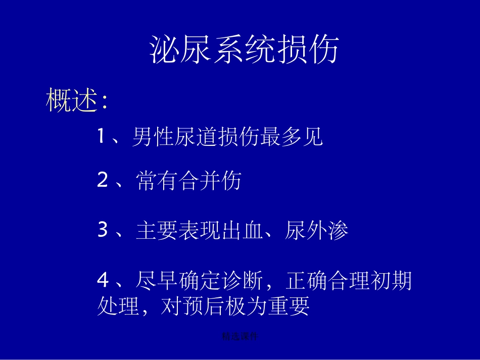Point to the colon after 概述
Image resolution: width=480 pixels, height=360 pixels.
point(104,102)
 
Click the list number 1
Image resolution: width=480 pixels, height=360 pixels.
point(102,136)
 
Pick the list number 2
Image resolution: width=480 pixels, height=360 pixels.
point(103,181)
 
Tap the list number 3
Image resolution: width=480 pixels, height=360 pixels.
point(103,231)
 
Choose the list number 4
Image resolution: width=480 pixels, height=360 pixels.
point(103,281)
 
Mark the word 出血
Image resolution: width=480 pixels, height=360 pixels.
point(243,231)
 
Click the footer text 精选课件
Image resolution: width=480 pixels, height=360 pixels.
point(239,336)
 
